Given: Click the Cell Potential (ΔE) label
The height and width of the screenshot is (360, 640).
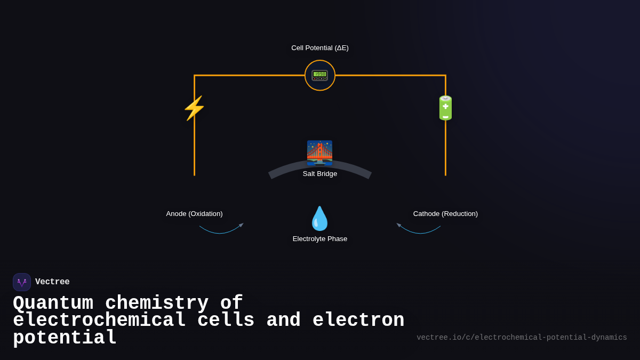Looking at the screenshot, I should [320, 48].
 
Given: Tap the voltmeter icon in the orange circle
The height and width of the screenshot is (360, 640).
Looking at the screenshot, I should [320, 75].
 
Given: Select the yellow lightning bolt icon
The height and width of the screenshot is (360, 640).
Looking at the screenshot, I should [194, 108].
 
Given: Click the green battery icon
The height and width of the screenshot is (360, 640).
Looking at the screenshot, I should [445, 108].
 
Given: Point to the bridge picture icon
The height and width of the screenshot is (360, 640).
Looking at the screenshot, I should [319, 153].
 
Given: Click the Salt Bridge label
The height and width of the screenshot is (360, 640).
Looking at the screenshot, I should [320, 174].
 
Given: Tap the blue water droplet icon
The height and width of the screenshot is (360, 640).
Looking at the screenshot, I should [320, 219].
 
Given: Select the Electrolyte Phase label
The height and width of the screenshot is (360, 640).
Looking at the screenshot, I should [320, 239].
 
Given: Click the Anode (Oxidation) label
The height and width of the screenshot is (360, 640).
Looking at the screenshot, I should [194, 214].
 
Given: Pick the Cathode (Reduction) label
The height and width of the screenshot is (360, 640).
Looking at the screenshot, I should [445, 214].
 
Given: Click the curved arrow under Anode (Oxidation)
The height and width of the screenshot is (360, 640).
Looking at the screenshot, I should [221, 230].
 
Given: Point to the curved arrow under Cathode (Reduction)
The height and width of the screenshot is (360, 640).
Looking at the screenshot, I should [419, 230].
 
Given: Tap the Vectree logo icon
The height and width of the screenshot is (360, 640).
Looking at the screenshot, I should [22, 282].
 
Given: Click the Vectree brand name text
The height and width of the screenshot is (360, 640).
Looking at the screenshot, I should [52, 282].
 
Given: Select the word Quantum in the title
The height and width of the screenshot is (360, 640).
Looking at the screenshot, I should [53, 303].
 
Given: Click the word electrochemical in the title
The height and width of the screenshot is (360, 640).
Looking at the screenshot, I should [99, 321].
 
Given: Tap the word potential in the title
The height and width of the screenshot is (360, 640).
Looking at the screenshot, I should [65, 338].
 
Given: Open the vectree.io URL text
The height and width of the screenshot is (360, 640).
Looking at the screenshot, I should [522, 338].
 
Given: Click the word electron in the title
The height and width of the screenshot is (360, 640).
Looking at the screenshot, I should [358, 321].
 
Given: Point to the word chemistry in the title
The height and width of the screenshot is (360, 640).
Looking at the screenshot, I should [157, 303].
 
